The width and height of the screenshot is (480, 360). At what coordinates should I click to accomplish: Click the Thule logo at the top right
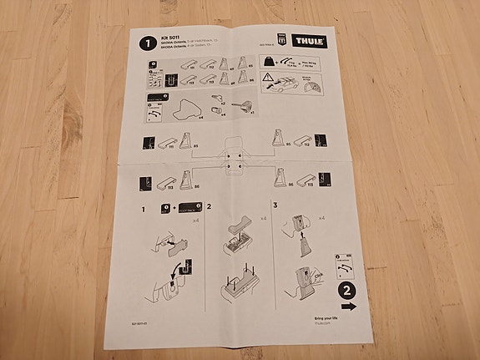(311, 41)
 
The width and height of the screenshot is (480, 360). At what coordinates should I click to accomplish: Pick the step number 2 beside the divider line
(210, 205)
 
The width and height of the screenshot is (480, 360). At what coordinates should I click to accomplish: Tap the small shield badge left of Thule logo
(280, 40)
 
